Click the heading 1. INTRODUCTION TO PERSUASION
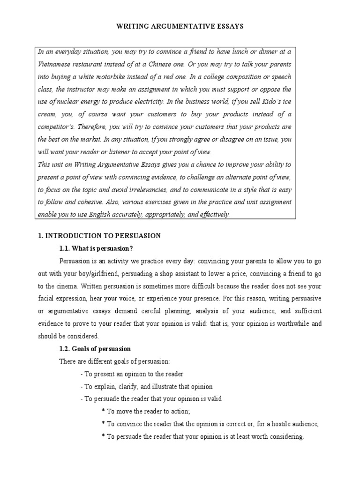pos(99,236)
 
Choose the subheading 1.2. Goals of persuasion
pos(95,349)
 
